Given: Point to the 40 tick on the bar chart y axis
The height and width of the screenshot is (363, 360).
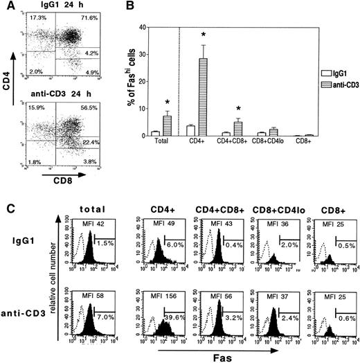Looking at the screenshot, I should tap(156, 27).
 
